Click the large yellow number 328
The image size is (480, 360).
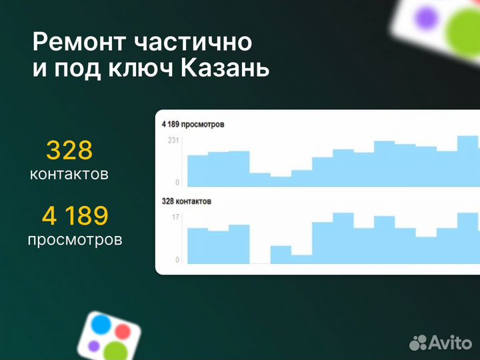click(x=69, y=151)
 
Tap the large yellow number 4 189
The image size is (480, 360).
click(x=75, y=215)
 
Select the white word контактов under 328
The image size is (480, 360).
click(x=69, y=175)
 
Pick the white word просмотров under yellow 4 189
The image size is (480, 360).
click(x=75, y=239)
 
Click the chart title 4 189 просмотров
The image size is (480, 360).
click(x=193, y=125)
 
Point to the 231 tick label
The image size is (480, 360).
click(x=173, y=141)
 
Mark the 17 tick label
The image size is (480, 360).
click(x=175, y=217)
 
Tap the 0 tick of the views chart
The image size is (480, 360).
click(x=177, y=182)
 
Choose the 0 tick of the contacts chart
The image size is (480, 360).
click(x=177, y=259)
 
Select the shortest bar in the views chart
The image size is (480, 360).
click(x=281, y=181)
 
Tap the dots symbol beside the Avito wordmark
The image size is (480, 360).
click(x=418, y=343)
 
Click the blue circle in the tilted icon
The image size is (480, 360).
click(x=101, y=325)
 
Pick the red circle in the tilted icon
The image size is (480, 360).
click(x=123, y=331)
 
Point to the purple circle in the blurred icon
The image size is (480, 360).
click(x=422, y=17)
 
